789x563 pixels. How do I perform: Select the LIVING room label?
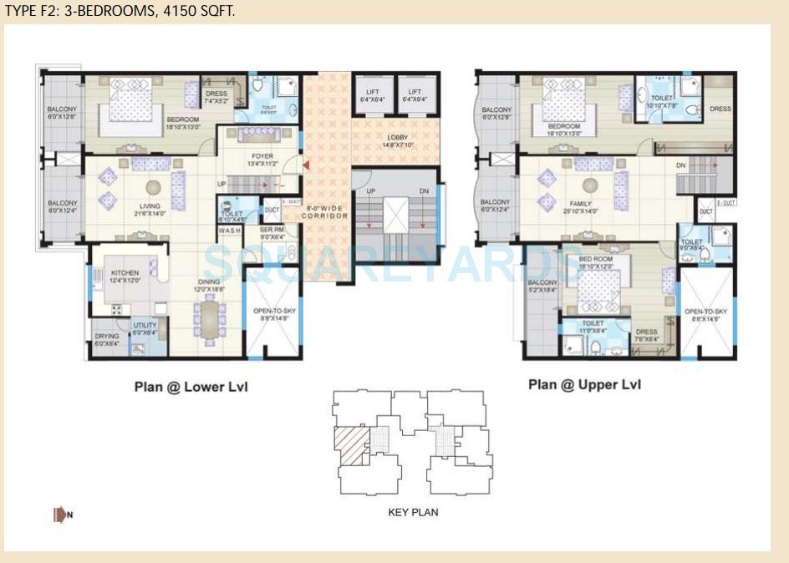tap(150, 205)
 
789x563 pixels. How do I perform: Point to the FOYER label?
tap(262, 156)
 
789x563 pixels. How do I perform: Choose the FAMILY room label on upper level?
tap(580, 204)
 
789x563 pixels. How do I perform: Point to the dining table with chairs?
tap(208, 321)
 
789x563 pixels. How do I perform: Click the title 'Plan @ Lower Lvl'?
tap(191, 387)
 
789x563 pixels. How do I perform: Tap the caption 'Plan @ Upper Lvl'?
tap(584, 384)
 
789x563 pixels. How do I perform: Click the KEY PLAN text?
tap(413, 512)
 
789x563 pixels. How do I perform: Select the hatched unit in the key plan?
tap(350, 442)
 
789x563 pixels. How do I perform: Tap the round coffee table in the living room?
tap(152, 187)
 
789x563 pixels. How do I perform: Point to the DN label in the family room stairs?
tap(680, 165)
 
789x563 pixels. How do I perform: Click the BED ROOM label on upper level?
tap(596, 259)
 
